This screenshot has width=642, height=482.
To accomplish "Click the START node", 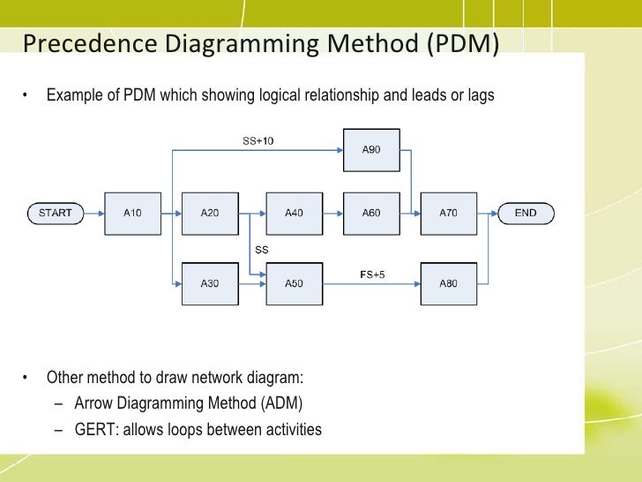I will pos(56,212).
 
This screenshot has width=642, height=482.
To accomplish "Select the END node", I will pos(526,212).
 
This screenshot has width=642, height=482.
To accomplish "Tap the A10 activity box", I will pos(132,212).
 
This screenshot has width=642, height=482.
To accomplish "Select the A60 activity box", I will pos(371,212).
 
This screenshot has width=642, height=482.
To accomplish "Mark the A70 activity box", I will pos(449,212).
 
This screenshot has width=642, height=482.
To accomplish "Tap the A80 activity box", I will pos(449,282).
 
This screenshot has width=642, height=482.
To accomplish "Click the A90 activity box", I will pos(371,149).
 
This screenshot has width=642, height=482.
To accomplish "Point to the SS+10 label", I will pos(258,141).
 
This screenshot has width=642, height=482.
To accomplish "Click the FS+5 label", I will pos(371,275).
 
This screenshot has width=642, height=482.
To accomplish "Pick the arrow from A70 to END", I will pos(487,213).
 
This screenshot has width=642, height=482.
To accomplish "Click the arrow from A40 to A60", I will pos(333,213).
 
